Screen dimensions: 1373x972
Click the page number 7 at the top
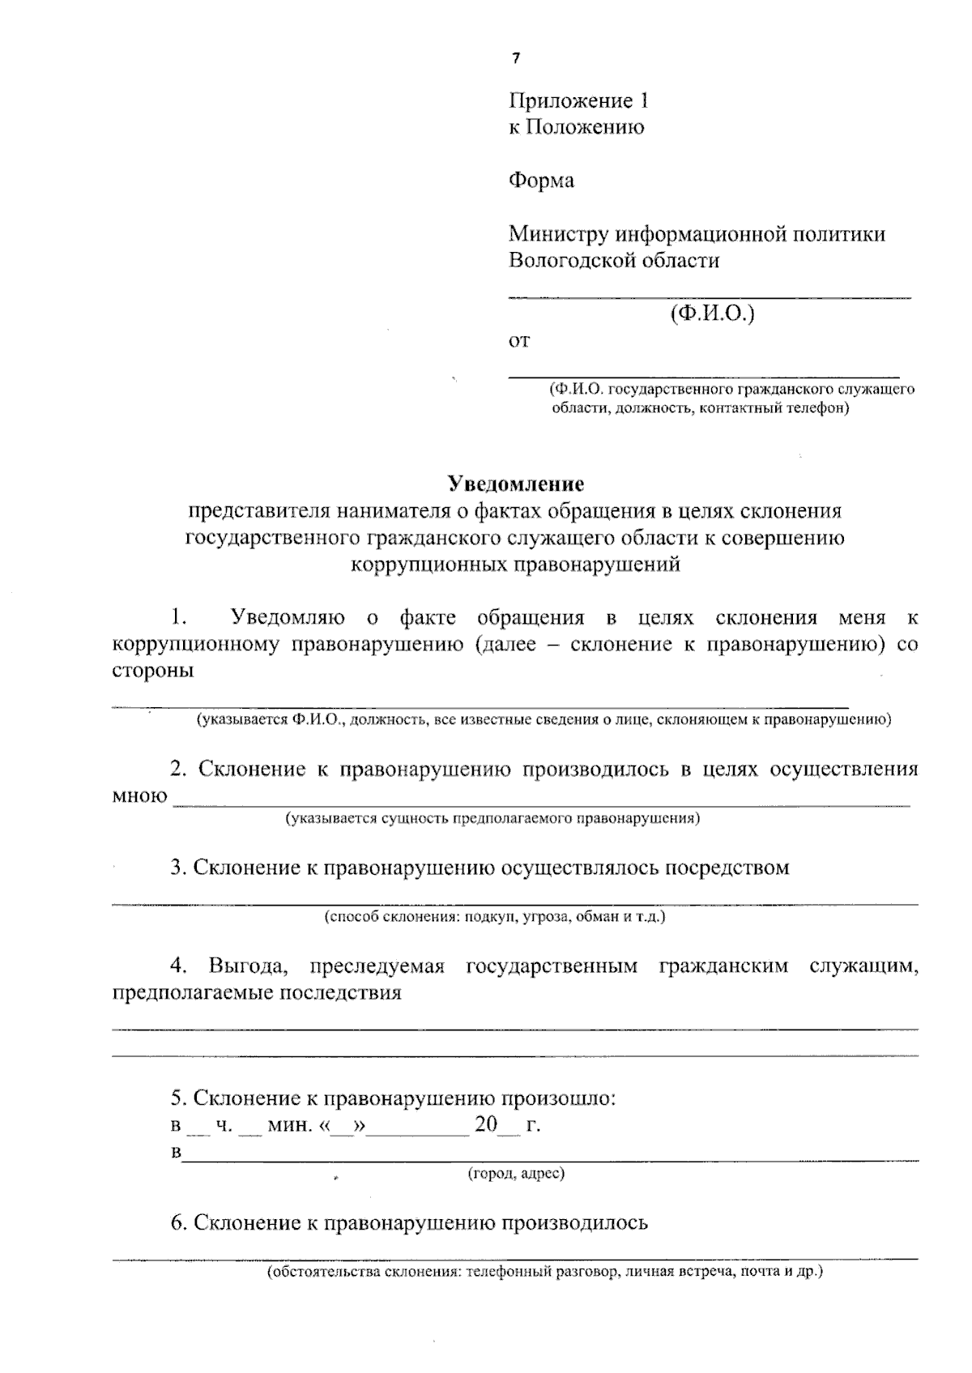click(515, 58)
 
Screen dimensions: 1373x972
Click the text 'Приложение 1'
click(578, 101)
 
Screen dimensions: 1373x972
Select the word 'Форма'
click(541, 180)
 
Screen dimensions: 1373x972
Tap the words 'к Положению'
click(576, 127)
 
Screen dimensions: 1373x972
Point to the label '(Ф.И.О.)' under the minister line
click(712, 313)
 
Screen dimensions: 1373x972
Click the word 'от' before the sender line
click(518, 341)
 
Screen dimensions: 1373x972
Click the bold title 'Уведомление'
click(516, 484)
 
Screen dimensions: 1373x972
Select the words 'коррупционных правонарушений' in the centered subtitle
click(515, 565)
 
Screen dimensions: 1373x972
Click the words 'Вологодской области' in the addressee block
click(613, 261)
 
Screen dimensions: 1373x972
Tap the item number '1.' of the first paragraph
click(179, 618)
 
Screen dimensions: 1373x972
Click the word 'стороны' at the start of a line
click(152, 672)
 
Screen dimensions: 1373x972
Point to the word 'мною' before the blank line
click(139, 796)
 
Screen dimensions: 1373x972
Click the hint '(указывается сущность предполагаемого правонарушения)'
click(492, 818)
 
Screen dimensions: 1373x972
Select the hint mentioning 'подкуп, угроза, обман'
click(495, 917)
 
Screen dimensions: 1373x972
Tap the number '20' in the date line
click(485, 1125)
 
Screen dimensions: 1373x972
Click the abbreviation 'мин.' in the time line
click(289, 1126)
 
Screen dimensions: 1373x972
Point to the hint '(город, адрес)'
click(516, 1173)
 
